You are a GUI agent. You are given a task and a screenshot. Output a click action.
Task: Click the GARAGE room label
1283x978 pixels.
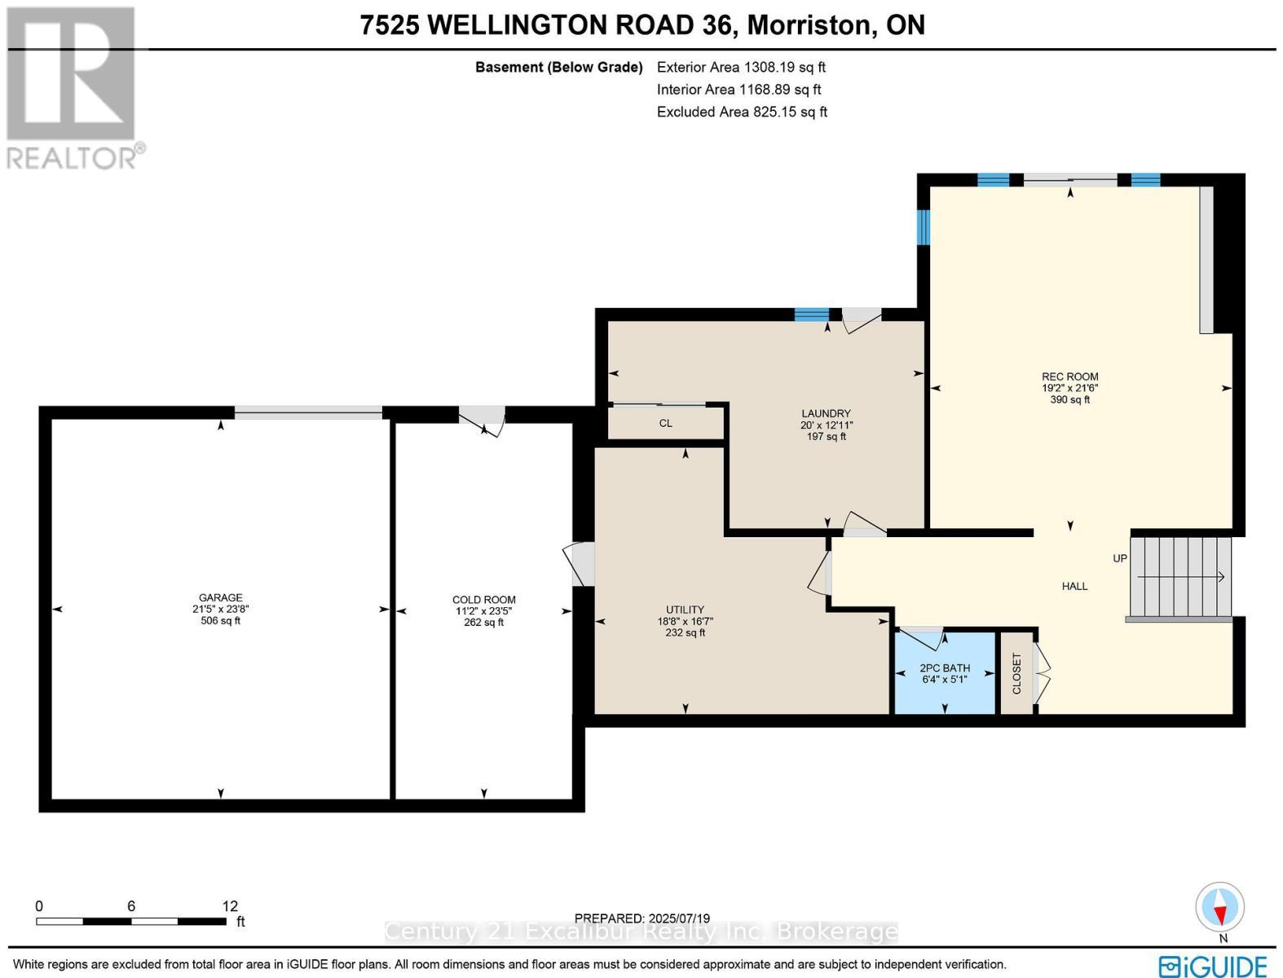(220, 597)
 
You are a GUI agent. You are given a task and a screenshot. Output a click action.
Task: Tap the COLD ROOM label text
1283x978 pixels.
(484, 600)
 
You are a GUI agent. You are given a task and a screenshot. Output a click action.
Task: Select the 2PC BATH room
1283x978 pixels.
(945, 673)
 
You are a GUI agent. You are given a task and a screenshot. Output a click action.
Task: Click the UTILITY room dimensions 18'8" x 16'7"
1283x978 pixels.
(685, 621)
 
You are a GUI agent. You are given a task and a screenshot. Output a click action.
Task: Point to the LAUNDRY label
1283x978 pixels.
(826, 413)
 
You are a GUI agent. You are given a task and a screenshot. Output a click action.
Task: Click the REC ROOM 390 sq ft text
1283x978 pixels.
(1069, 399)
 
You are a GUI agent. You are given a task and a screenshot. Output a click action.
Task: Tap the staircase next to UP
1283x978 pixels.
(1179, 577)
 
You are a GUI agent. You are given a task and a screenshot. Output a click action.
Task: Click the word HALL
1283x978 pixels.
(1074, 586)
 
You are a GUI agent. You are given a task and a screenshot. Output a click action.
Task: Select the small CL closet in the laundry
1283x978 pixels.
(666, 423)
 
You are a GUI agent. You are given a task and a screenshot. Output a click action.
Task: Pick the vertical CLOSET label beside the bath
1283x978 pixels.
(1016, 673)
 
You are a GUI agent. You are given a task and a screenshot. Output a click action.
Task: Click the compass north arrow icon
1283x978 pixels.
(1220, 908)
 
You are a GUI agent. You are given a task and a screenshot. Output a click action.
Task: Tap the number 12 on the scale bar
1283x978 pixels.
(230, 905)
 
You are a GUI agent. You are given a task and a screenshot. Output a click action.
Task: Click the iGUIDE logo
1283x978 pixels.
(1213, 965)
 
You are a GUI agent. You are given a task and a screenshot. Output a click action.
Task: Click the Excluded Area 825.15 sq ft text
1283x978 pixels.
(742, 112)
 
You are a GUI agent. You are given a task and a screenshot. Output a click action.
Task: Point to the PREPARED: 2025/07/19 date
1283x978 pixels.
(641, 918)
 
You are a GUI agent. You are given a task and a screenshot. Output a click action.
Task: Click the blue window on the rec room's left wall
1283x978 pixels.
(924, 227)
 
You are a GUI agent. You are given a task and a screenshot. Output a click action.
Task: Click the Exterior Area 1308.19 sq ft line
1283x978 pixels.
(741, 68)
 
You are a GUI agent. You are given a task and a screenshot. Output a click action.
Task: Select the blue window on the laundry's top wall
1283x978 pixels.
(811, 315)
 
